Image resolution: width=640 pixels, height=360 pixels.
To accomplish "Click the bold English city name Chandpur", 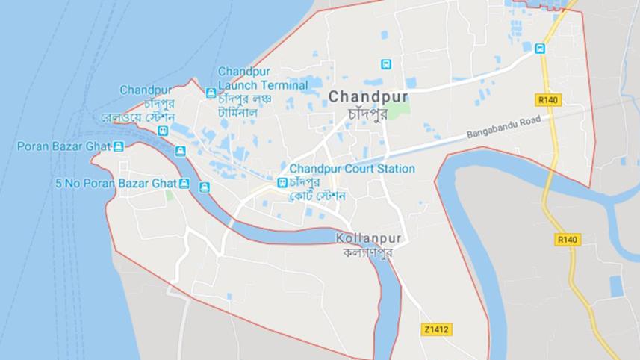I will tap(368, 96).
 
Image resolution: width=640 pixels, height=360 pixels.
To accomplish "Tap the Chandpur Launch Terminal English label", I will tap(262, 78).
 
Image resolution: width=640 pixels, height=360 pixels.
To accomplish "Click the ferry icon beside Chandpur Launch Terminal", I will tap(211, 93).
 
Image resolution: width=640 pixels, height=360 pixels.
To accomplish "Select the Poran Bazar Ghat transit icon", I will tap(118, 146).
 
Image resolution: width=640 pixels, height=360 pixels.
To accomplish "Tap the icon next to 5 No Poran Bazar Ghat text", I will tap(184, 183).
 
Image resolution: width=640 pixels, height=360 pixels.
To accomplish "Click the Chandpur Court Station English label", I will tap(352, 169).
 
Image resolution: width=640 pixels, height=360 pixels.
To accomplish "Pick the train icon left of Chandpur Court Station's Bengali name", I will tap(282, 183).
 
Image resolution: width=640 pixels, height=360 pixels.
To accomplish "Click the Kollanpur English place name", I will tap(369, 238).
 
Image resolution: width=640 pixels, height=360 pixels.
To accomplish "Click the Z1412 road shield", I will tap(437, 329).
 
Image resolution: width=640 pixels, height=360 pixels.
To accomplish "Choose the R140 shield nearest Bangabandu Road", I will tap(549, 99).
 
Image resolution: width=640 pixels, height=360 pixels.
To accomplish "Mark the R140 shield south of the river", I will tap(568, 240).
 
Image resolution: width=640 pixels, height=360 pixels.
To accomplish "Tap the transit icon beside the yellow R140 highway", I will tap(539, 49).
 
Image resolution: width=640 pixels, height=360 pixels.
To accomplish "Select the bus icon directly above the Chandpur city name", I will tap(386, 64).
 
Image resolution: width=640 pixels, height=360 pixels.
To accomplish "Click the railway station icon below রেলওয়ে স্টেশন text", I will tap(163, 131).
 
